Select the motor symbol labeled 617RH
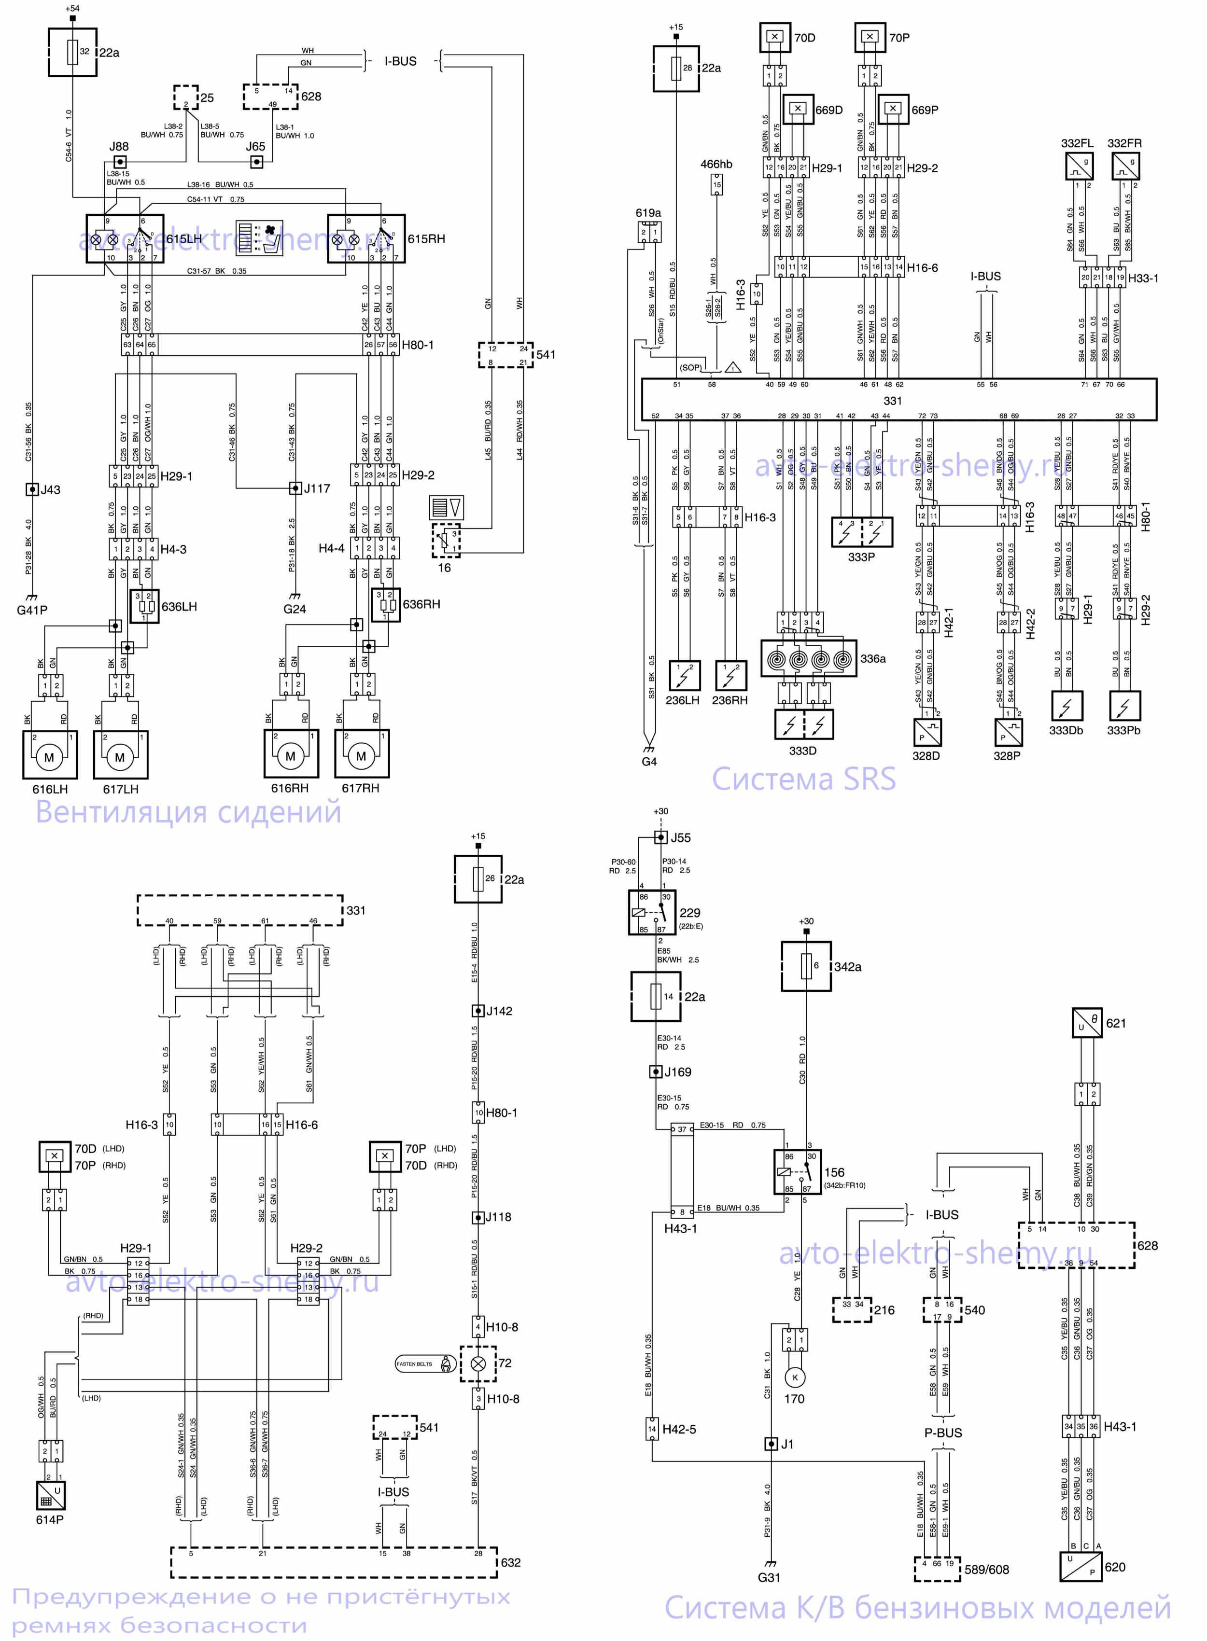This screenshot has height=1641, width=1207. point(362,755)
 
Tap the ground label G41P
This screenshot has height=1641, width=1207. point(32,609)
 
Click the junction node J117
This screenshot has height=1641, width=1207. point(295,488)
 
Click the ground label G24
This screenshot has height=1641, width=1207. point(295,608)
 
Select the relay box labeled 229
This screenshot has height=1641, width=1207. point(652,912)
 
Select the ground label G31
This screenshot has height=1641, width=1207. point(769,1577)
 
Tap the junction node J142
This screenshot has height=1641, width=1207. point(478,1011)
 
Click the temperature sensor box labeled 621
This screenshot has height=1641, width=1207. point(1086,1022)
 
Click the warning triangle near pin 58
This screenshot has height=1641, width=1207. point(733,368)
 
